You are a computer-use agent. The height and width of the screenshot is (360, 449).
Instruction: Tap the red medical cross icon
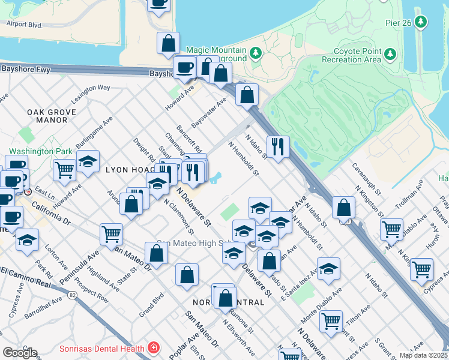point(154,349)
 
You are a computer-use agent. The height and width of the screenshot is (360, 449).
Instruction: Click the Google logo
point(20,352)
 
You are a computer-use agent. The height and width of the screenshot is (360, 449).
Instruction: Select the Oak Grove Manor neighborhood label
point(51,116)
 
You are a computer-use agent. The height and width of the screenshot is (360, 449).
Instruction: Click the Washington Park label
point(40,152)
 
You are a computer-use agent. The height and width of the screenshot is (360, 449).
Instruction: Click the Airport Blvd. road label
point(24,25)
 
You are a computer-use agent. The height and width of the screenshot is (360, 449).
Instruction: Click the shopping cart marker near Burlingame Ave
point(64,169)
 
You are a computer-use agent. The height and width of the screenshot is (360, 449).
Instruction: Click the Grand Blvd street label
point(151,305)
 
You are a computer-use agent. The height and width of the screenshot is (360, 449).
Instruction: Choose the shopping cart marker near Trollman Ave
point(391,229)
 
